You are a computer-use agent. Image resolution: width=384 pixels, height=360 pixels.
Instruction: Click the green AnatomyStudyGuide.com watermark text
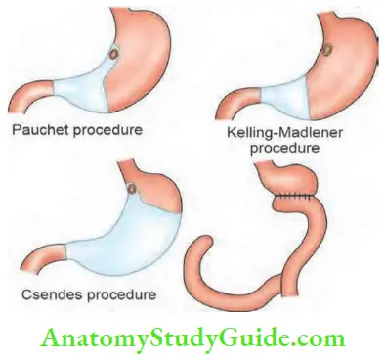point(192,338)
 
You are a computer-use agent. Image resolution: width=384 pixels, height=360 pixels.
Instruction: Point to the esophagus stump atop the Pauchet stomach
point(125,16)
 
